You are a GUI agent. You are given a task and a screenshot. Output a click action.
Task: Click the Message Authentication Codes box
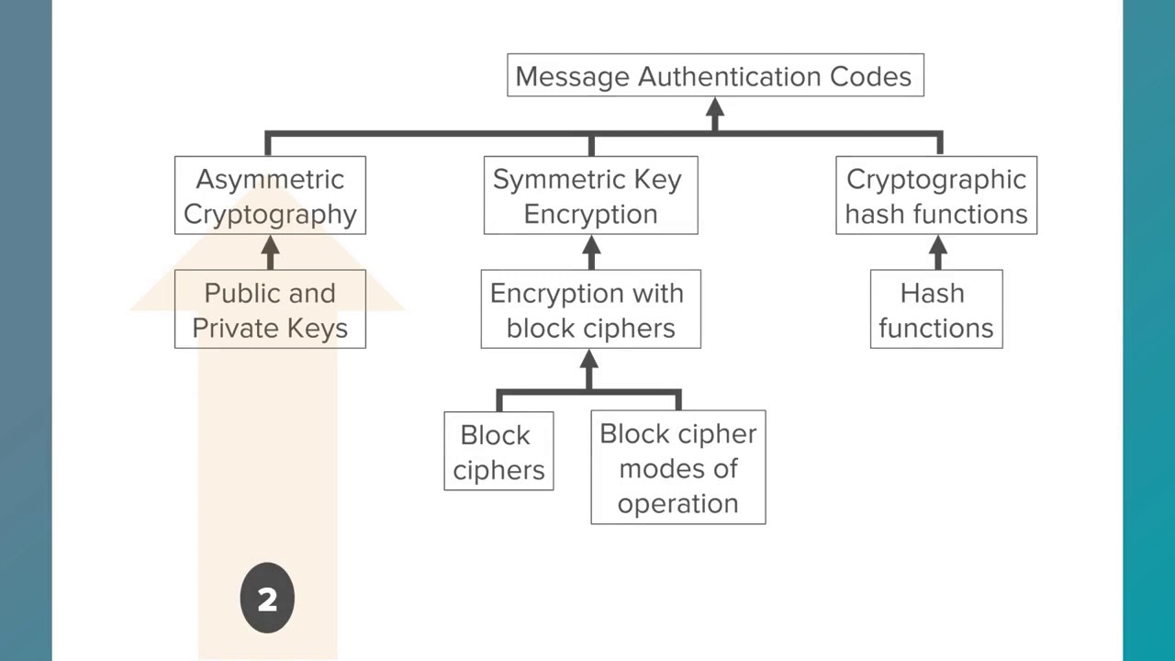(715, 75)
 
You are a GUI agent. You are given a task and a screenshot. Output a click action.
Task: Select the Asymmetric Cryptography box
(270, 196)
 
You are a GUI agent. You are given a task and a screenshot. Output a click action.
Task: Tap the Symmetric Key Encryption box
(590, 196)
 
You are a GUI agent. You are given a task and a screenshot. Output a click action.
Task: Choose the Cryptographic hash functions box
(936, 196)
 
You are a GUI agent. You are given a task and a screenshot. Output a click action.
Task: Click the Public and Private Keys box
(270, 309)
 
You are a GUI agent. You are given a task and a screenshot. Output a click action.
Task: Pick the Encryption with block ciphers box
(590, 309)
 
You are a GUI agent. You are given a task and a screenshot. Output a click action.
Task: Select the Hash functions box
(936, 309)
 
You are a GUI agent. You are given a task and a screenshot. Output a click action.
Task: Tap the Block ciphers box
(498, 451)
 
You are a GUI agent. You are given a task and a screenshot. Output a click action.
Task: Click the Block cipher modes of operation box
(677, 467)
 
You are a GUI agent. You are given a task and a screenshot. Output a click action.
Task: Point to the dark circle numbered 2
(267, 599)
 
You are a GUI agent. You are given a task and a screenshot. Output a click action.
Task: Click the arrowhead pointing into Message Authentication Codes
(715, 109)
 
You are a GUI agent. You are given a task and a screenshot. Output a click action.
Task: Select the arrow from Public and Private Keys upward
(270, 251)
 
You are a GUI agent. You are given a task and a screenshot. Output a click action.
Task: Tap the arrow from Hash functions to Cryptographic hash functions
(937, 251)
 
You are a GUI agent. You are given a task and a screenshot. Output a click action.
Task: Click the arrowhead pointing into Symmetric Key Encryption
(591, 247)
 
